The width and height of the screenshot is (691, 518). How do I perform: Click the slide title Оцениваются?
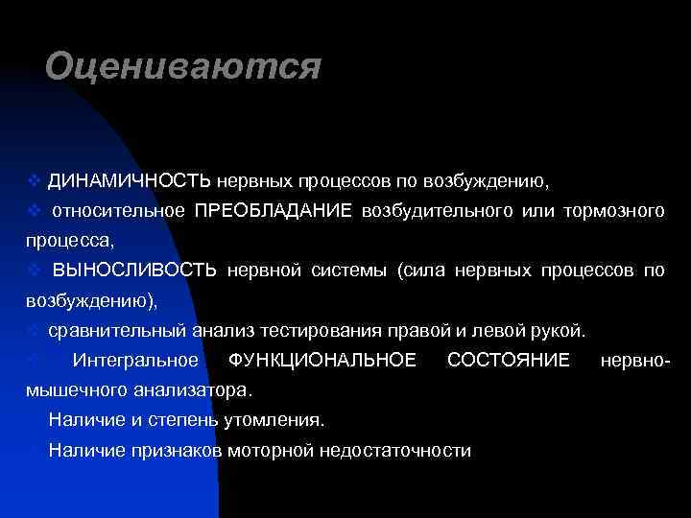point(181,66)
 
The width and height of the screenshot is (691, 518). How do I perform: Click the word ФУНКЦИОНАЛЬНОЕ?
point(323,361)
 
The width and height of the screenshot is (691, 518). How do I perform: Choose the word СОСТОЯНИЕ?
point(509,361)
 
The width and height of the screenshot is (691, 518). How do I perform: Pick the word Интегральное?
point(135,361)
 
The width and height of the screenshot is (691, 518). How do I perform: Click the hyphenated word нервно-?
point(633,361)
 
